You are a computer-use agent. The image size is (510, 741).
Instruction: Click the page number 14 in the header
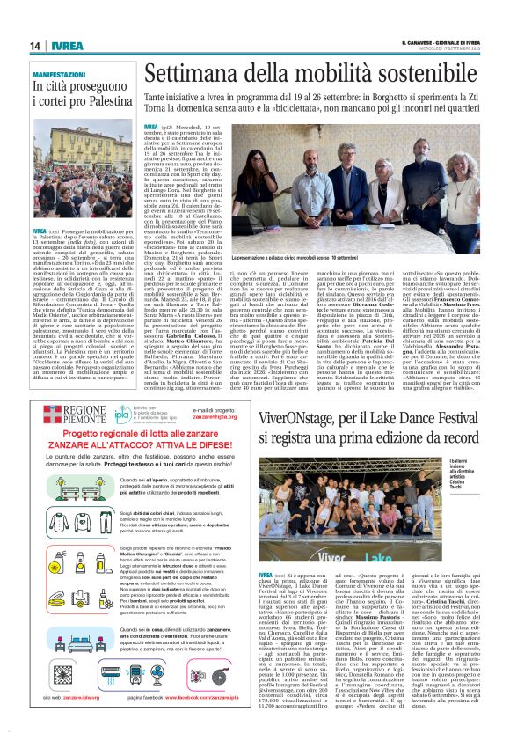(34, 46)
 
